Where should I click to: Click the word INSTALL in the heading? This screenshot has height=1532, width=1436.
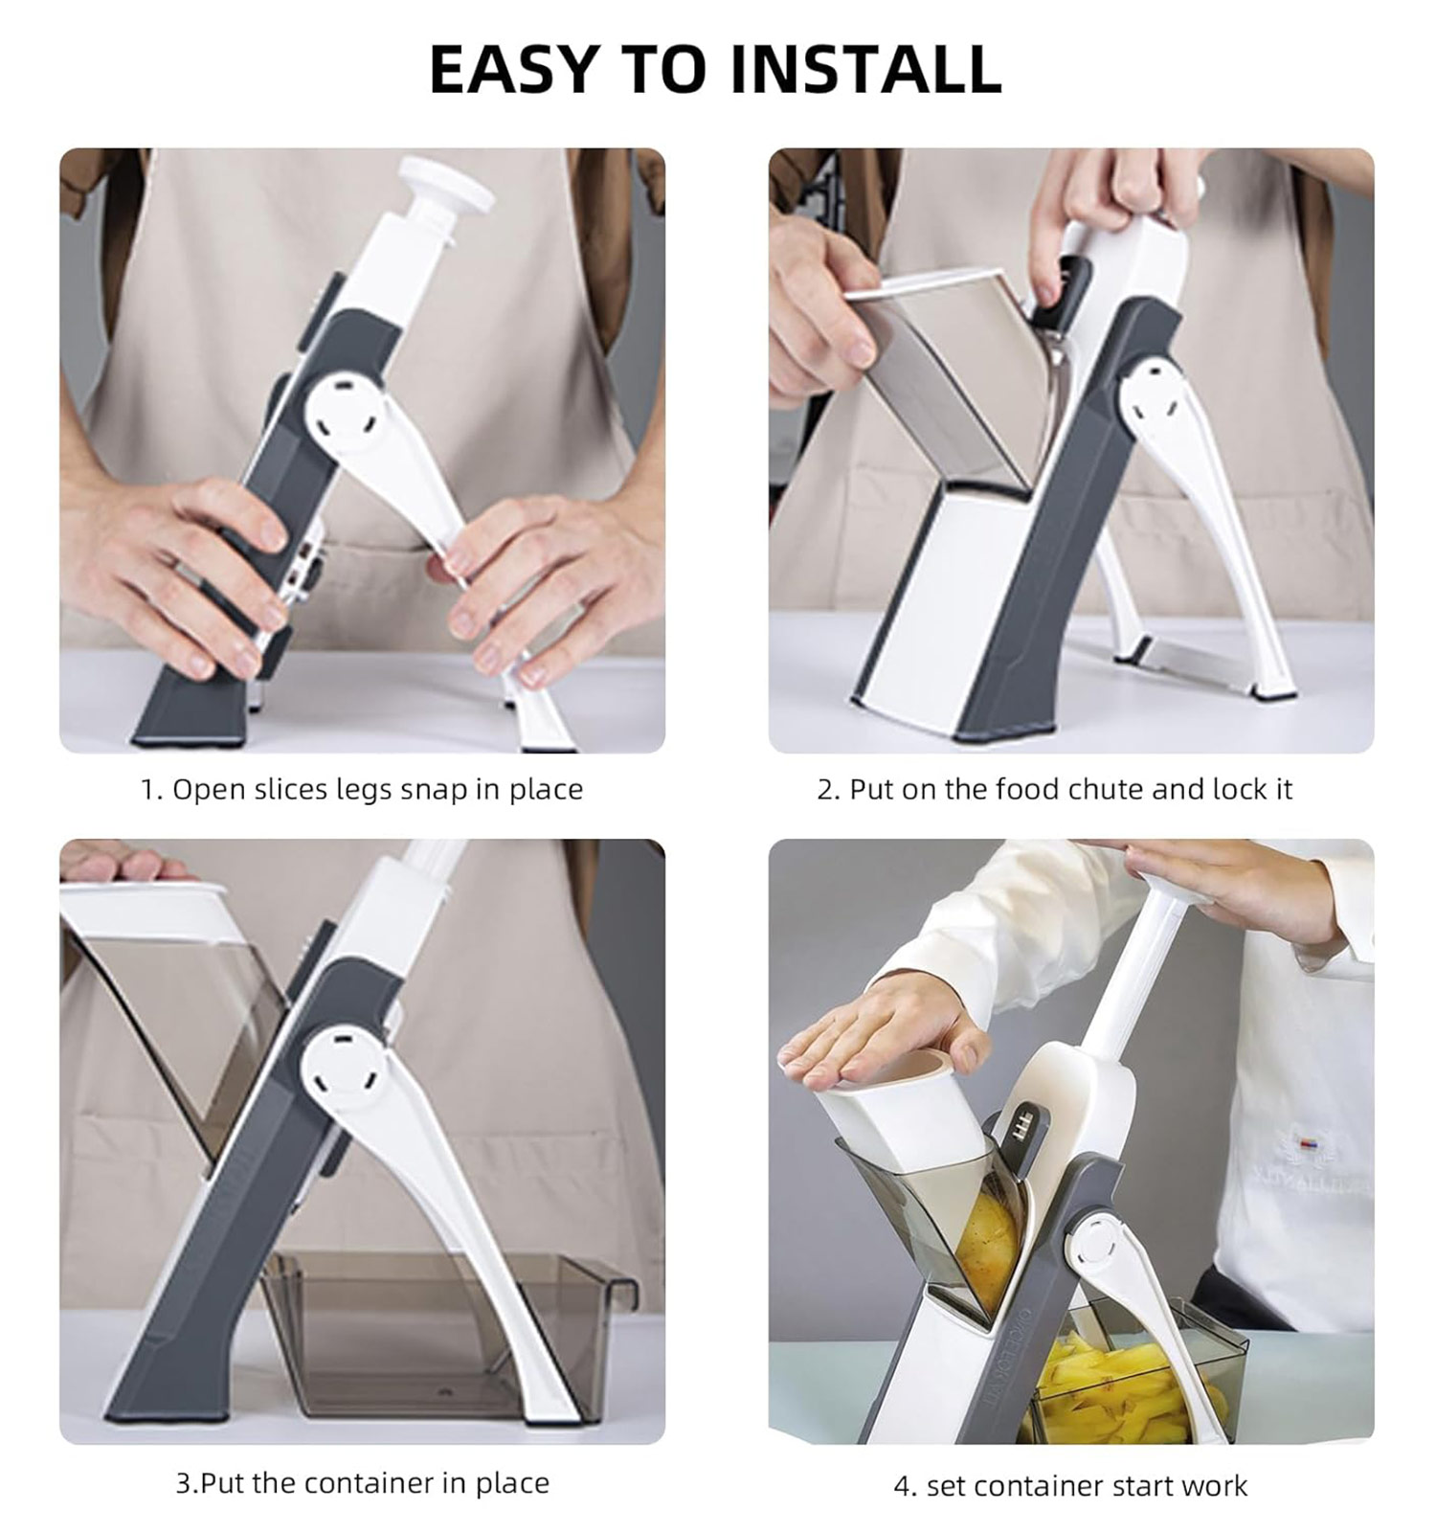(x=865, y=69)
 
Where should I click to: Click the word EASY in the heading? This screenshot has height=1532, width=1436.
(x=512, y=69)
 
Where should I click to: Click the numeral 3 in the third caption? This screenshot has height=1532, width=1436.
(x=183, y=1484)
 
